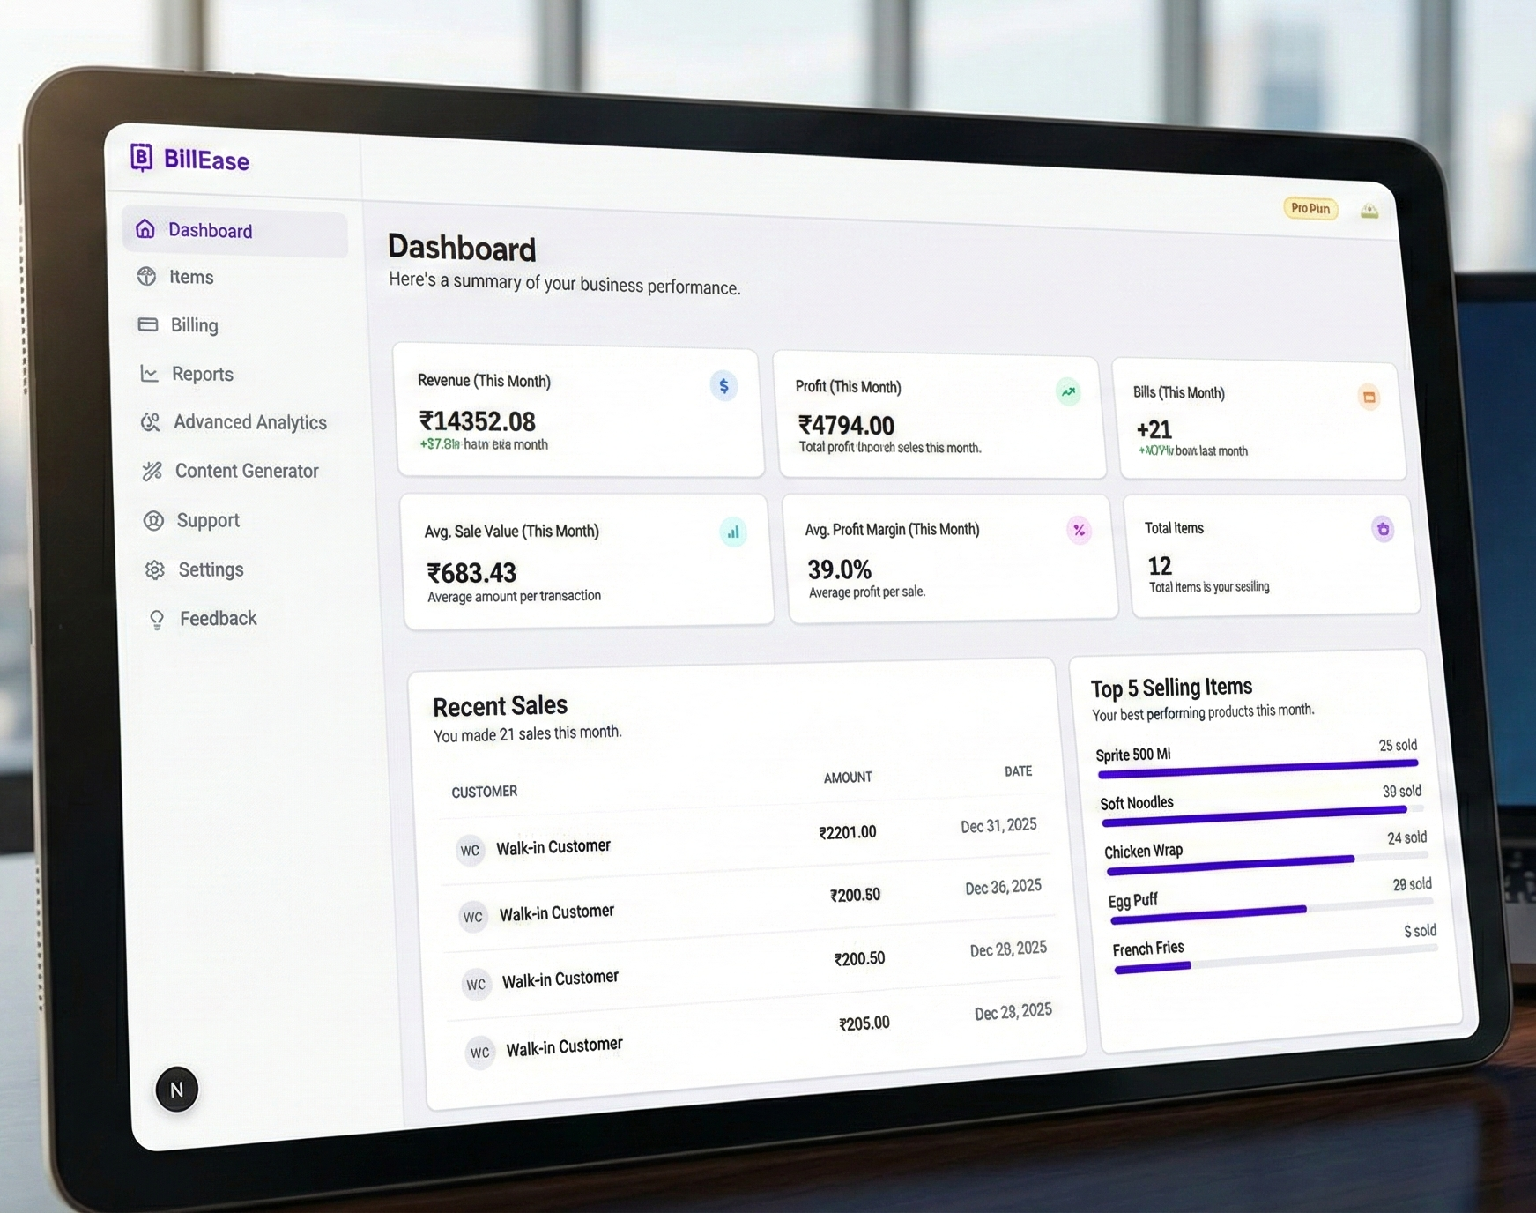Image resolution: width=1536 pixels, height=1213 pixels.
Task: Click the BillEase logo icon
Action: click(141, 157)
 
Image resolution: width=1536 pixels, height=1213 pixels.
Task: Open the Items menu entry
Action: click(190, 277)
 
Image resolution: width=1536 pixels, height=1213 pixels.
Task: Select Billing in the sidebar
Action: click(194, 325)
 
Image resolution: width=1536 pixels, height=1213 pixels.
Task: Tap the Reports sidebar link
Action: click(202, 374)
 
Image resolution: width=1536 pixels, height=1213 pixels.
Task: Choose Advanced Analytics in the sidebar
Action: click(249, 422)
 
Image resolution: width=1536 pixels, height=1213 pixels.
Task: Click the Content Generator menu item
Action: click(246, 471)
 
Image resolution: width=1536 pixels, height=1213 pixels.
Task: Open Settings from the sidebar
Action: click(210, 569)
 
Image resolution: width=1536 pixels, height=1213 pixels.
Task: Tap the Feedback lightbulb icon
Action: click(157, 620)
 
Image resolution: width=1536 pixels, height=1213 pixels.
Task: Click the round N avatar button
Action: click(177, 1090)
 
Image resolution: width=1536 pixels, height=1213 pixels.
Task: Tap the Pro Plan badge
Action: click(1310, 209)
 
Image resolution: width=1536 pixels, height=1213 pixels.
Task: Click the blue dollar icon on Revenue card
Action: click(723, 385)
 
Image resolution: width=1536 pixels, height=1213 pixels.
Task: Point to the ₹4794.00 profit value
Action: click(846, 425)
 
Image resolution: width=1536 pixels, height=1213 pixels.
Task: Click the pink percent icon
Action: click(1079, 530)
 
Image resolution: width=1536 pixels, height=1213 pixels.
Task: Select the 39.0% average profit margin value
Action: click(839, 569)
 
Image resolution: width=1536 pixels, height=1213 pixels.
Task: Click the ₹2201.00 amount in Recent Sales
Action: click(847, 832)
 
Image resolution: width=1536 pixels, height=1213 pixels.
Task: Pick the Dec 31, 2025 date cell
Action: click(998, 826)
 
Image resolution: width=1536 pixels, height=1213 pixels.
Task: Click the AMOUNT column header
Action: click(847, 778)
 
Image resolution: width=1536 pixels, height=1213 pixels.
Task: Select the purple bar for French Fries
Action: click(1153, 967)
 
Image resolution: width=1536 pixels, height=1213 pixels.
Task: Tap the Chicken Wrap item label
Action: click(1143, 851)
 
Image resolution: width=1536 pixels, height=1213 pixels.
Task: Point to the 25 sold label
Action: click(1398, 746)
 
